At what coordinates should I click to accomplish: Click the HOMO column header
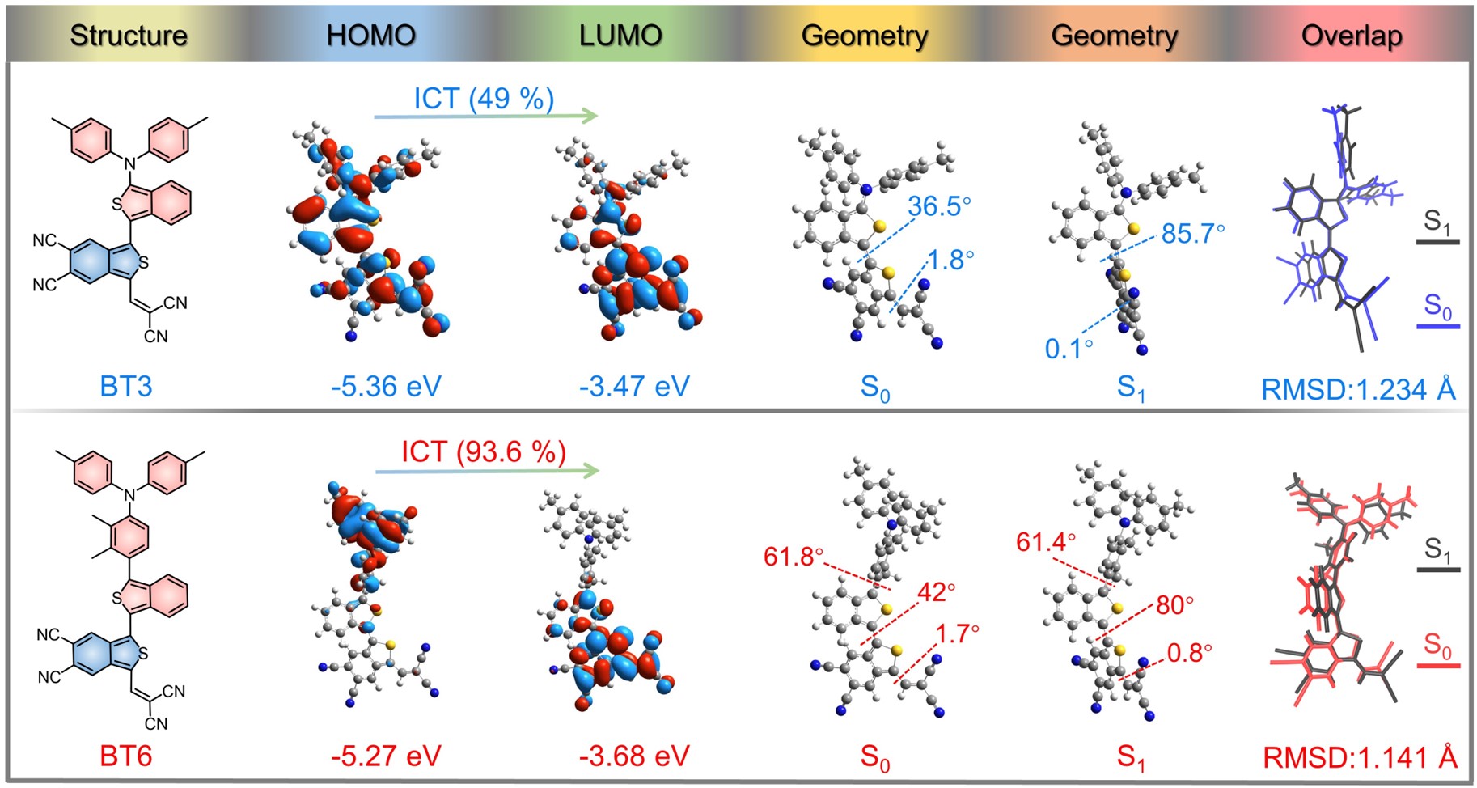coord(370,36)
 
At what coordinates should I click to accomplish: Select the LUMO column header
coord(620,36)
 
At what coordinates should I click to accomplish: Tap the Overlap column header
coord(1352,36)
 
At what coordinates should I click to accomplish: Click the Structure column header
coord(129,36)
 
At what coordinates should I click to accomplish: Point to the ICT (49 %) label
coord(484,98)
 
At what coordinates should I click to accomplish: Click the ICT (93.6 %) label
coord(484,451)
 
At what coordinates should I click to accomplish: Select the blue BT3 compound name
coord(126,386)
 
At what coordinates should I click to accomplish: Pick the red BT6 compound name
coord(126,756)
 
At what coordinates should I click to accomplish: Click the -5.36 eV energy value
coord(386,386)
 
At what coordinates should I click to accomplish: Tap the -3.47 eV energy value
coord(634,386)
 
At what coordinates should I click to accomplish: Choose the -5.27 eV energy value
coord(386,756)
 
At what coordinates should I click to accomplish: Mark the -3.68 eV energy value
coord(634,756)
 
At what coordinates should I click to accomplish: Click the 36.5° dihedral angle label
coord(939,206)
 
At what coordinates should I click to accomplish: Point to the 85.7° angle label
coord(1193,234)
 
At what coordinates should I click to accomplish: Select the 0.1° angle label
coord(1069,349)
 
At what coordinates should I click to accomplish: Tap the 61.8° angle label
coord(794,557)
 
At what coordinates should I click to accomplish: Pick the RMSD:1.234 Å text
coord(1358,389)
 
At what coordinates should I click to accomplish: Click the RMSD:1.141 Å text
coord(1360,757)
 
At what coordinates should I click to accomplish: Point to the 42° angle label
coord(936,592)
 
